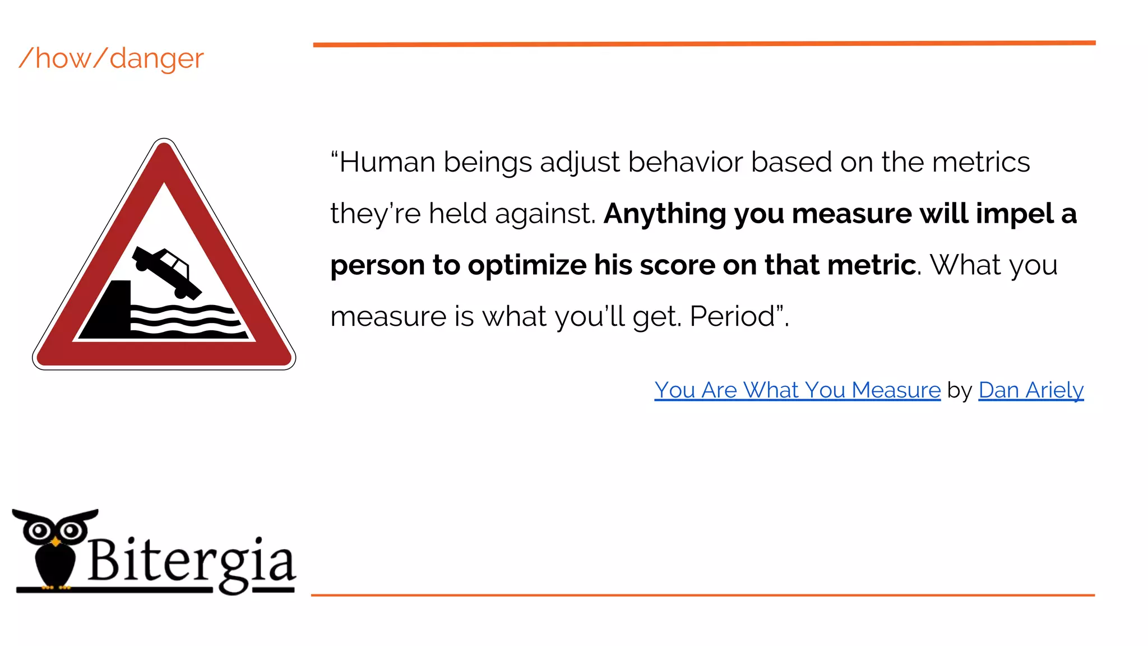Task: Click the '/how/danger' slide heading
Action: (111, 58)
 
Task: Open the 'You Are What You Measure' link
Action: (797, 390)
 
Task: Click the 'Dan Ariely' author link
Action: (1031, 390)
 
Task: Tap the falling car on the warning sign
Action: (166, 271)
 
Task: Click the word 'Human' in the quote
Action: (387, 162)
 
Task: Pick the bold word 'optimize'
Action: (527, 265)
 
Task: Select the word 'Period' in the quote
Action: (732, 316)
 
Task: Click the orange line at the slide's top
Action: (704, 44)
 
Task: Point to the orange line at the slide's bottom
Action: (702, 595)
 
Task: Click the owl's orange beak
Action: (55, 542)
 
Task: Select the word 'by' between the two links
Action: (959, 390)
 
